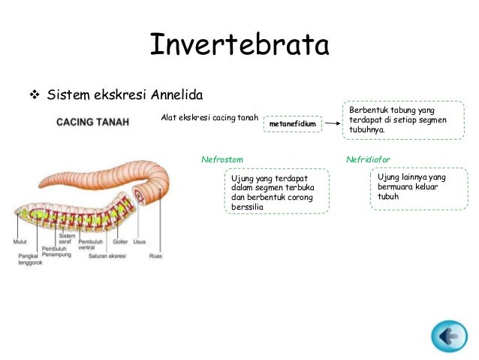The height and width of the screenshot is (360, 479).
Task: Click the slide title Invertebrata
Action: [x=239, y=44]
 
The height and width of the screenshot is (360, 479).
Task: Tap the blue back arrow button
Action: [x=448, y=336]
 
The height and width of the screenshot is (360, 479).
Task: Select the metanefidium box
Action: [x=292, y=124]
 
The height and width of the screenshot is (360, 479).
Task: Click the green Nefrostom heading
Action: [x=221, y=160]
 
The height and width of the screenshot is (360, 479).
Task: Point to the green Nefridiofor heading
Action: [x=368, y=160]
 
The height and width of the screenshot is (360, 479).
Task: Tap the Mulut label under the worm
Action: [x=21, y=241]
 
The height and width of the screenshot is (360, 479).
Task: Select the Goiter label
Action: [x=119, y=241]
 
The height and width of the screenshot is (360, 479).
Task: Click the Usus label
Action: [x=139, y=241]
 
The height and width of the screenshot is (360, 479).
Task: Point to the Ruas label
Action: [x=155, y=256]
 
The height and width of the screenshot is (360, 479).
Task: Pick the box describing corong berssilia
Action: [x=268, y=192]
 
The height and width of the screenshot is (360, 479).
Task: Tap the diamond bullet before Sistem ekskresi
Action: [x=33, y=95]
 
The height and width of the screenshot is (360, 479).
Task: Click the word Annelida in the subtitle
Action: [x=177, y=95]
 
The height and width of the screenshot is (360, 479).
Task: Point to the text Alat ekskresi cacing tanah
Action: [x=209, y=117]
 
